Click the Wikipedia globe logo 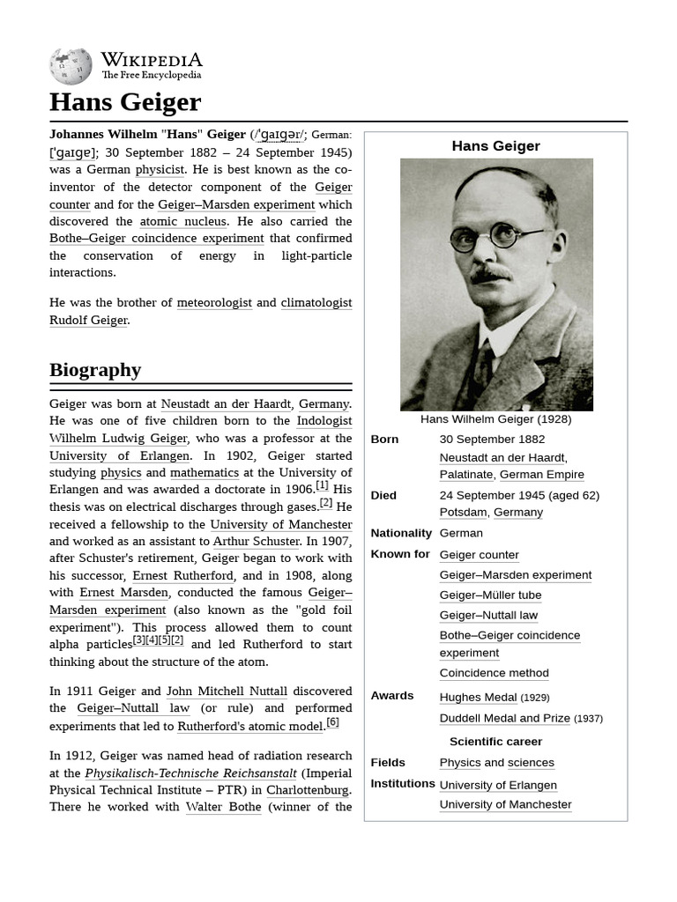[71, 66]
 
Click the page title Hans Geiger [125, 102]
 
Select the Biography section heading [95, 370]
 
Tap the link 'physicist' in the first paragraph [160, 169]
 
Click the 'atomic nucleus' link [182, 221]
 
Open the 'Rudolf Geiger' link [88, 320]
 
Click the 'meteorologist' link [214, 302]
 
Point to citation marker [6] [332, 722]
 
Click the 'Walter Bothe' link [223, 806]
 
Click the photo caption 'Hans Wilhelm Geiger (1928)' [495, 419]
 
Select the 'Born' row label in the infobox [384, 439]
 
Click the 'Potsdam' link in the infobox [463, 512]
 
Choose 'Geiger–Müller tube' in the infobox [490, 595]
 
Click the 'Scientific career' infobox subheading [495, 741]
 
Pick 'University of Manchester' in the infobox [505, 804]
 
